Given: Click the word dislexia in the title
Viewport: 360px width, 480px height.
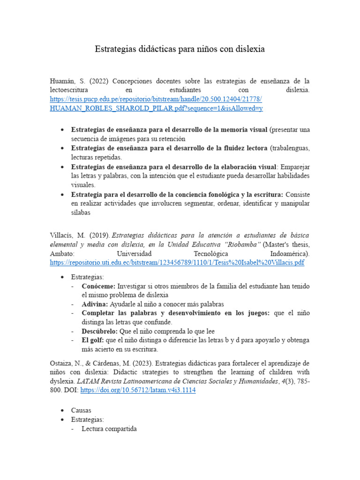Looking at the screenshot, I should pos(248,49).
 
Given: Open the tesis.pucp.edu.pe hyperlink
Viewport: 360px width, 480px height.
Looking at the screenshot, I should pos(155,99).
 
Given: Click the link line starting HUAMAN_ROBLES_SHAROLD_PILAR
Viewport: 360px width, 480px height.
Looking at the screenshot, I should pos(155,108).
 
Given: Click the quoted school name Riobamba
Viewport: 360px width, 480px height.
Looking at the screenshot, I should pos(243,244).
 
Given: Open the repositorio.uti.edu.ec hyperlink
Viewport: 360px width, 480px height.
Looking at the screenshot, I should pos(177,263).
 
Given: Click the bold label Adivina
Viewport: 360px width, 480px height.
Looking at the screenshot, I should pos(95,304).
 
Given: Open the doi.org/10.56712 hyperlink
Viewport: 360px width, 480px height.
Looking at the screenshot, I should pos(138,390).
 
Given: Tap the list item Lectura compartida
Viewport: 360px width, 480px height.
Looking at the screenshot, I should pos(109,428).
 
